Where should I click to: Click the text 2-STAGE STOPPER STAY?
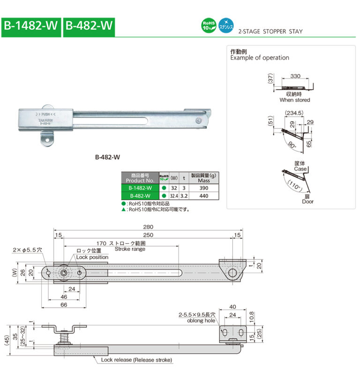tap(270, 32)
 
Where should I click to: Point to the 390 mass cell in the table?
tap(203, 187)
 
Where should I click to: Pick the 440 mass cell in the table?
tap(203, 195)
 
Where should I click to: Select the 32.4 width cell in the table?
tap(173, 195)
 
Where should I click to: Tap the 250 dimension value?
tap(148, 235)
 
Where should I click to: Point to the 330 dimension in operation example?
tap(295, 76)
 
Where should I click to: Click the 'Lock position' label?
tap(92, 257)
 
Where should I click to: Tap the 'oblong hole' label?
tap(200, 321)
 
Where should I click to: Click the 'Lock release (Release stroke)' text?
tap(136, 360)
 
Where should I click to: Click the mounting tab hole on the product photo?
tap(46, 140)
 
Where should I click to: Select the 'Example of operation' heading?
tap(259, 58)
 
